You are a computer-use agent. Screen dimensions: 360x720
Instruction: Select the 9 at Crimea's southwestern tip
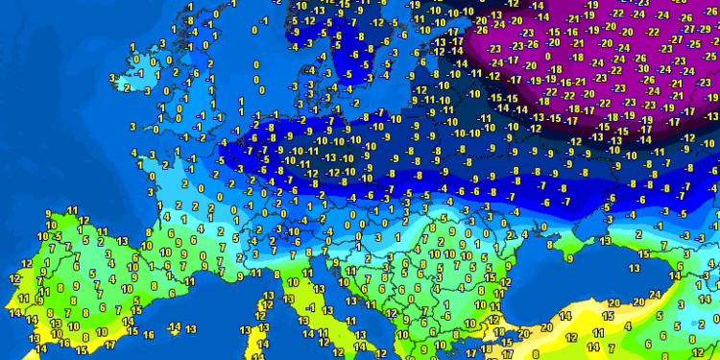[570, 257]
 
